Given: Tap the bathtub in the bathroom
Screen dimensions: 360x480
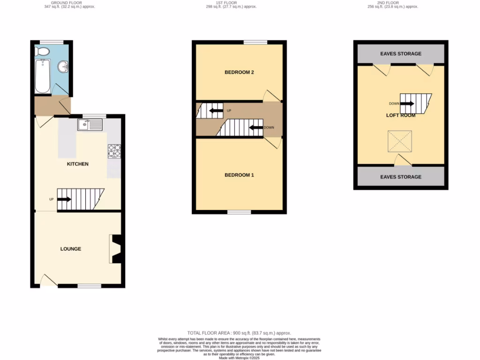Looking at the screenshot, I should pos(42,76).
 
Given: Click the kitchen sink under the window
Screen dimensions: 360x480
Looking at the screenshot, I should pos(90,125).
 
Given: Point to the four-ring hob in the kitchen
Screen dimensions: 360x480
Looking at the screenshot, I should pos(114,150).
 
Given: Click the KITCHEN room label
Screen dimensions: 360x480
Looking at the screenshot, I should pos(78,164).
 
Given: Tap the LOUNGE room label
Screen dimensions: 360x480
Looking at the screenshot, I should pos(71,249).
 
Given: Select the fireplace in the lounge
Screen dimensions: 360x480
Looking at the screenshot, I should pos(116,249).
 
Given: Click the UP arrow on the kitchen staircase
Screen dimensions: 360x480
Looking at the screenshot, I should pos(64,199).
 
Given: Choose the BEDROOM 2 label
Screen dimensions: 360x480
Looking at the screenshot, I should pos(239,72).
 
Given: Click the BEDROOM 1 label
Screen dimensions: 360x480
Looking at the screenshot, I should pos(239,175).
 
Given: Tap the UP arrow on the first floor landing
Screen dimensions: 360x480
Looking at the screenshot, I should pos(216,111).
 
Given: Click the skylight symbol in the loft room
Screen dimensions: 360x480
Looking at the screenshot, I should pos(399,141).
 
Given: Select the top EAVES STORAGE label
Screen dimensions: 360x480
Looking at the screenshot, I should pos(401,54).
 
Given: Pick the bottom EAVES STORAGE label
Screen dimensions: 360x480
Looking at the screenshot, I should pos(401,177).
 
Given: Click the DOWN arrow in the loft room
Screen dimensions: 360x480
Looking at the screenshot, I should pos(406,104).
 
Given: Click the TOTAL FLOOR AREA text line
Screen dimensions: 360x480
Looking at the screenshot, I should pos(239,333).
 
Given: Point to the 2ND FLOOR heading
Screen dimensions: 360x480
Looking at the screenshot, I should pos(388,3).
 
